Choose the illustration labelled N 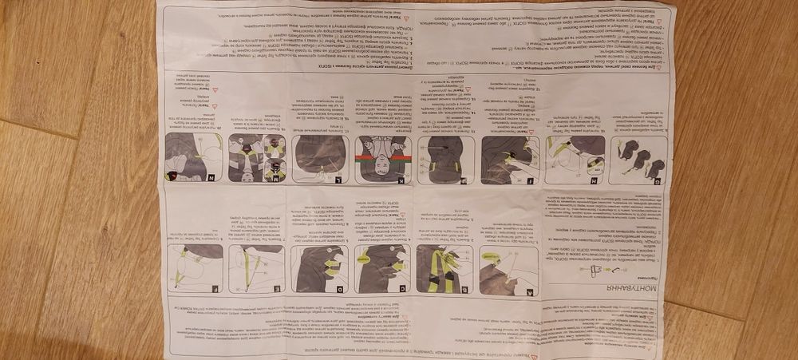(x=192, y=159)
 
